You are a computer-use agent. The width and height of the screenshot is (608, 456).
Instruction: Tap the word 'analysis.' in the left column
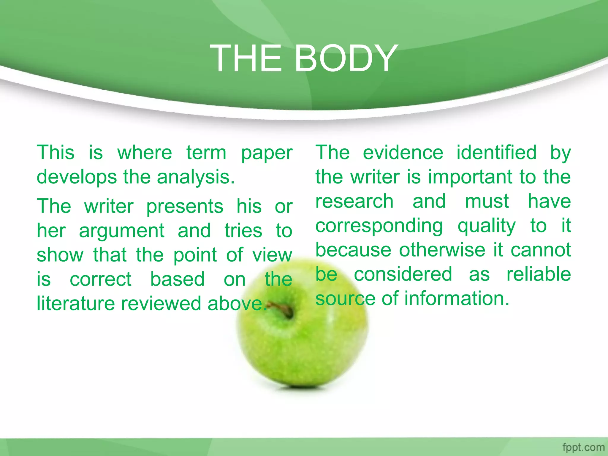coord(196,177)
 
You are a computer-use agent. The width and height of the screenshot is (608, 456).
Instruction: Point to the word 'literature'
coord(76,304)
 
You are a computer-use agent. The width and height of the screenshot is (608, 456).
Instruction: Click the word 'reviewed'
coord(161,304)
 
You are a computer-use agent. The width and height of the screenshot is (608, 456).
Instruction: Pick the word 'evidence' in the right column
coord(403,153)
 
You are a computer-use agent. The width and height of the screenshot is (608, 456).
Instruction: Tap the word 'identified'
coord(496,153)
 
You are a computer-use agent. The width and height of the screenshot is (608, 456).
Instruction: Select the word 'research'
coord(354,201)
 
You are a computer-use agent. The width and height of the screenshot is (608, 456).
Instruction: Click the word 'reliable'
coord(539,274)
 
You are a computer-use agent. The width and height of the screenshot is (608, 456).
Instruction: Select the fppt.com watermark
coord(583,447)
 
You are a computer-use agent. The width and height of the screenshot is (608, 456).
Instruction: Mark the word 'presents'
coord(185,207)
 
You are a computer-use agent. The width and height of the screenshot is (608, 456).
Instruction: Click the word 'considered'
coord(403,274)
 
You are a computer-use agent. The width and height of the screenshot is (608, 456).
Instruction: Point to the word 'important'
coord(470,177)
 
